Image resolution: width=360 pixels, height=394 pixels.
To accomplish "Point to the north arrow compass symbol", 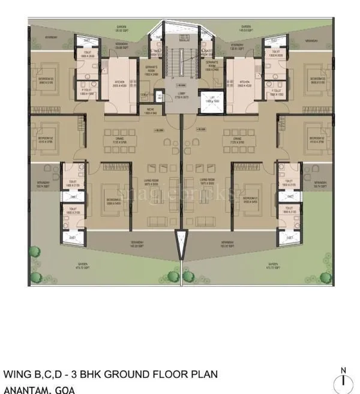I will coord(343,381).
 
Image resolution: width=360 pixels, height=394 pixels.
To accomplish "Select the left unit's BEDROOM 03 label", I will coord(48,80).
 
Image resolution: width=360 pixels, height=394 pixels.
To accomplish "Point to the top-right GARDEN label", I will coord(246,28).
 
